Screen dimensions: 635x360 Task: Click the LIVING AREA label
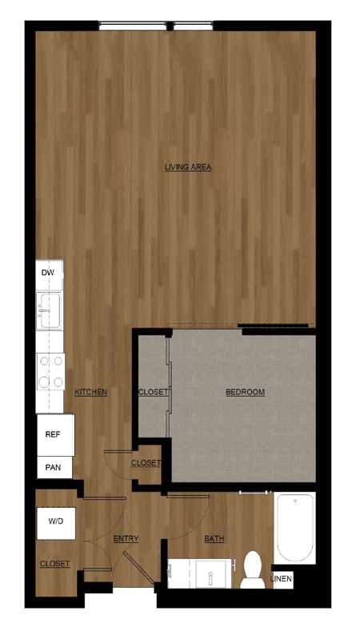tap(187, 167)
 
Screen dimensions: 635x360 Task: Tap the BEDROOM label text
tap(245, 392)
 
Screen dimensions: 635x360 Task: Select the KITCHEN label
tap(90, 392)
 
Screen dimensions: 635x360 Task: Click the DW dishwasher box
tap(48, 273)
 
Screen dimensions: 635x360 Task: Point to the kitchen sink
tap(48, 310)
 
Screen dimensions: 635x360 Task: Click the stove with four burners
tap(50, 370)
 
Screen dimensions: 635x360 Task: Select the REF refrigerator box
tap(53, 434)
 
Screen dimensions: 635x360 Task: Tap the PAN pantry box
tap(53, 466)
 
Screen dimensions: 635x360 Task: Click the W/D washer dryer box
tap(56, 521)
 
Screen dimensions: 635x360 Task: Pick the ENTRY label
tap(126, 538)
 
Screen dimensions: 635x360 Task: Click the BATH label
tap(214, 538)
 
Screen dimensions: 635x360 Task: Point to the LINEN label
tap(281, 578)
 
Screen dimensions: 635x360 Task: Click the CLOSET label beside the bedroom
tap(153, 392)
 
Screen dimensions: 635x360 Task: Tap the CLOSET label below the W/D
tap(54, 564)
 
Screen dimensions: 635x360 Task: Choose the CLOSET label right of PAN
tap(145, 463)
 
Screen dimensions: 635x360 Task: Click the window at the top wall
tap(155, 26)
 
